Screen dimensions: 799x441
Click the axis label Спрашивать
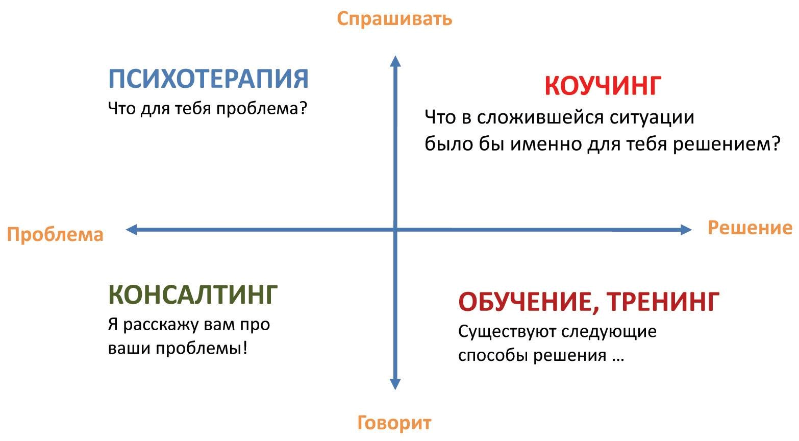click(394, 19)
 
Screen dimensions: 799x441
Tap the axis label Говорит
click(394, 423)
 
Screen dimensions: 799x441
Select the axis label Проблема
click(55, 235)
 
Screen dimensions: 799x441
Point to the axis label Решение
click(750, 227)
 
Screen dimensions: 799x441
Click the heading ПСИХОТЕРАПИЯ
click(208, 79)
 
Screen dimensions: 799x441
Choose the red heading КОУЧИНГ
click(603, 86)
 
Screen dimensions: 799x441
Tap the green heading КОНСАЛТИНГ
click(193, 295)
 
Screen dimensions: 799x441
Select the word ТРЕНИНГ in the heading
click(663, 302)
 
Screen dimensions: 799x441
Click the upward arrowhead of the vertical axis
click(395, 61)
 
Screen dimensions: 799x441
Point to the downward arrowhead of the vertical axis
click(395, 384)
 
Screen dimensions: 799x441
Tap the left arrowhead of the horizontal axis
click(131, 229)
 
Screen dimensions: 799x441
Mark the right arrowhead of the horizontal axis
click(686, 229)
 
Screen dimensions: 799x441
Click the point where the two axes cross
click(395, 229)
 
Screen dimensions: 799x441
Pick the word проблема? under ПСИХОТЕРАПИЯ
click(262, 109)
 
